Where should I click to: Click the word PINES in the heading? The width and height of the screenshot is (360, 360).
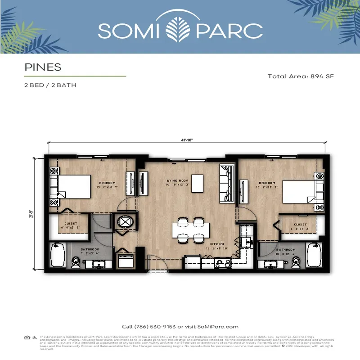pyautogui.click(x=42, y=67)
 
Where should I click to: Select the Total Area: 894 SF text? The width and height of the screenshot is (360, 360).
pyautogui.click(x=300, y=76)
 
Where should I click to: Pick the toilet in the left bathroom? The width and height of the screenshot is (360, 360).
pyautogui.click(x=76, y=262)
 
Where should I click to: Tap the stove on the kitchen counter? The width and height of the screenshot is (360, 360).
pyautogui.click(x=223, y=262)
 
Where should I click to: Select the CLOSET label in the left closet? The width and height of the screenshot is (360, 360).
pyautogui.click(x=70, y=224)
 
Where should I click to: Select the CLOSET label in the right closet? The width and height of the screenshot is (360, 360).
pyautogui.click(x=300, y=224)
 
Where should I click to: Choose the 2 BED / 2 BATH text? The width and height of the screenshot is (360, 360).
pyautogui.click(x=50, y=85)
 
